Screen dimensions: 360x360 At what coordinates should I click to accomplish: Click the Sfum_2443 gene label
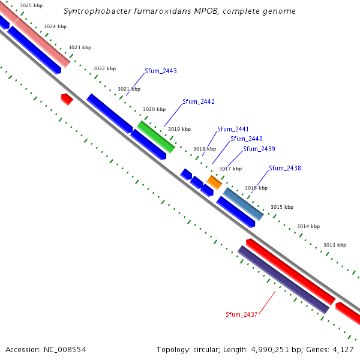click(161, 71)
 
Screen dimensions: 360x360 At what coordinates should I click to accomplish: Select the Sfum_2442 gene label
click(199, 102)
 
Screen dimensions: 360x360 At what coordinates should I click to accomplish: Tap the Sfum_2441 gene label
click(233, 130)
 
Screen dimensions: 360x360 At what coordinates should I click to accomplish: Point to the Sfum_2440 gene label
click(247, 139)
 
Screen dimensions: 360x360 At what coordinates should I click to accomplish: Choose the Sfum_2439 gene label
click(259, 149)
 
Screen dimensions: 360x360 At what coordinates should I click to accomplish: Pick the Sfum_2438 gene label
click(285, 169)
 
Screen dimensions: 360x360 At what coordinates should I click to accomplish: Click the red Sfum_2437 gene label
click(242, 314)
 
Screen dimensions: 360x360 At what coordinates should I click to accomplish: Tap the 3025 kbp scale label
click(31, 5)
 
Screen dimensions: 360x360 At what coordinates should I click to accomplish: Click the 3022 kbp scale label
click(104, 68)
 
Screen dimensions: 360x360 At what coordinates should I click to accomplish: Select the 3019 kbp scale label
click(179, 129)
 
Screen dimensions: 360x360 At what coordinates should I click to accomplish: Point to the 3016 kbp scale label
click(256, 188)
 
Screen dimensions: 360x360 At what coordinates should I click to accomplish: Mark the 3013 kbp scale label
click(335, 245)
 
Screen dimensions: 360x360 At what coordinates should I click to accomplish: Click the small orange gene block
click(214, 182)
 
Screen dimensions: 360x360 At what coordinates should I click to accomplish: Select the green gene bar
click(156, 137)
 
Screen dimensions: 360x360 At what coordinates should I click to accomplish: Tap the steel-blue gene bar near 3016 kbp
click(244, 204)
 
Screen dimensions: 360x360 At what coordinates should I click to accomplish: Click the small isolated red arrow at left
click(67, 99)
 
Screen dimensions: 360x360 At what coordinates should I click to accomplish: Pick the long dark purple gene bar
click(284, 280)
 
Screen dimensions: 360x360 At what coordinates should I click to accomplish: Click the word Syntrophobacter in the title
click(100, 11)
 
